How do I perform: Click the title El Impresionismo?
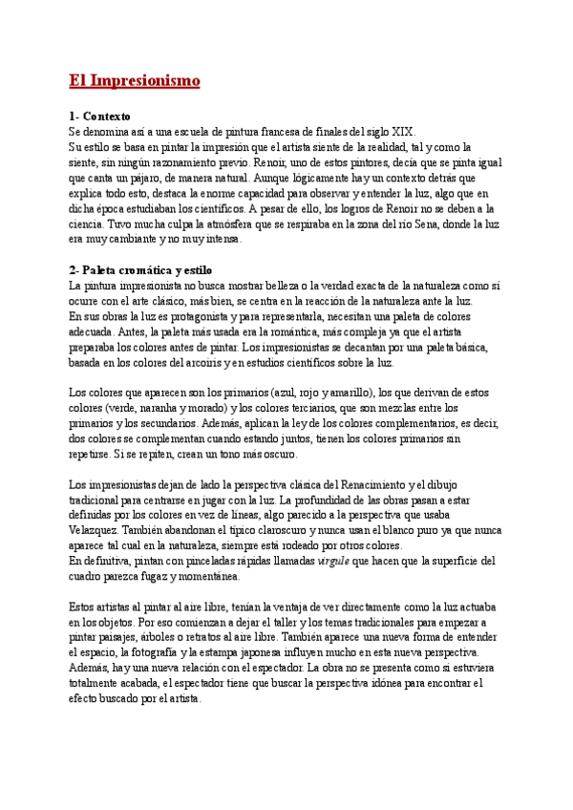coord(134,81)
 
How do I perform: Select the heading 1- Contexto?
coord(100,116)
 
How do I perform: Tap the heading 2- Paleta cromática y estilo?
coord(141,270)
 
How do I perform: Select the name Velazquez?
coord(93,531)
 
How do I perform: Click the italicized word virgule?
coord(334,562)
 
